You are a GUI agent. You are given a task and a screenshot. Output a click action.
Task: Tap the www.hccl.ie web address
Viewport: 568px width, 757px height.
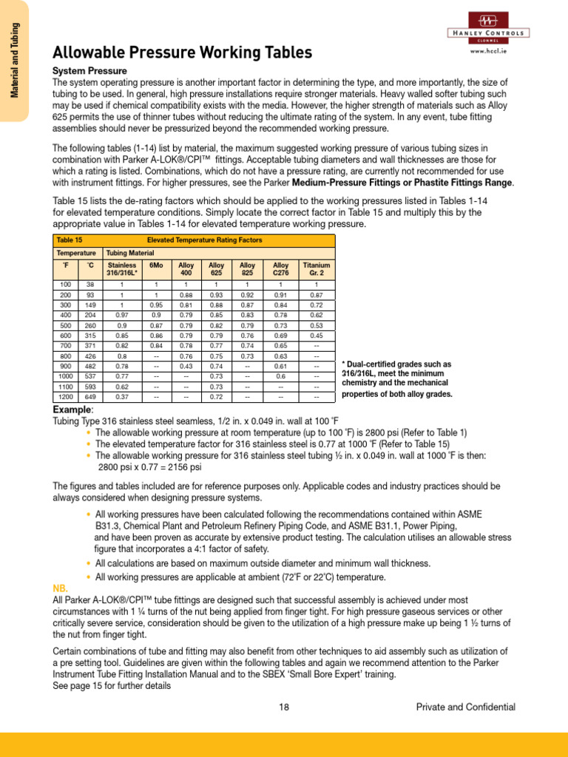tap(487, 52)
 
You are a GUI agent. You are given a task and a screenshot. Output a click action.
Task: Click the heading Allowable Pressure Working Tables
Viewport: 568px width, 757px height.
tap(182, 53)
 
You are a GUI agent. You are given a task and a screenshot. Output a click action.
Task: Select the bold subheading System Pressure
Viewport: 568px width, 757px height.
tap(89, 70)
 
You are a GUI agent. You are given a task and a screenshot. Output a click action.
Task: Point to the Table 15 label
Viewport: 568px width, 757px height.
tap(69, 240)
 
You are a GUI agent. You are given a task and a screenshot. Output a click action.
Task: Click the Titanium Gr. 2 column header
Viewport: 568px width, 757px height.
tap(316, 269)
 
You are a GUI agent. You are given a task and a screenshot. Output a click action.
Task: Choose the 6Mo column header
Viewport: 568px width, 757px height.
tap(156, 265)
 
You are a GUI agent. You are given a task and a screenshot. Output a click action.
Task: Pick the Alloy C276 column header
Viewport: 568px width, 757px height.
tap(281, 269)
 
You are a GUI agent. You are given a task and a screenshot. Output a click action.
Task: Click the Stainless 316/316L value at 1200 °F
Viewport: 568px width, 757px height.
tap(123, 397)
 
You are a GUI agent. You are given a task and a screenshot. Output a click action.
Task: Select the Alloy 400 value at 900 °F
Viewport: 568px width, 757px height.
tap(186, 366)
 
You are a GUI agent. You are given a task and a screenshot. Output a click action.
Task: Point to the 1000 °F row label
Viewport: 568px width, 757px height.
tap(65, 376)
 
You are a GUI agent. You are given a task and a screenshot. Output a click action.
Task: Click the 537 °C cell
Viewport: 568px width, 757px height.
tap(90, 376)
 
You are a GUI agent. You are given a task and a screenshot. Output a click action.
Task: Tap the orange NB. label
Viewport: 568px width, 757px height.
tap(63, 588)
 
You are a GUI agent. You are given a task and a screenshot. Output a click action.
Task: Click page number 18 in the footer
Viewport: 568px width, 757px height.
tap(284, 707)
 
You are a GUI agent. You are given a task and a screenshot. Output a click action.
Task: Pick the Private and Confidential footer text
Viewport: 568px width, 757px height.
tap(465, 707)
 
